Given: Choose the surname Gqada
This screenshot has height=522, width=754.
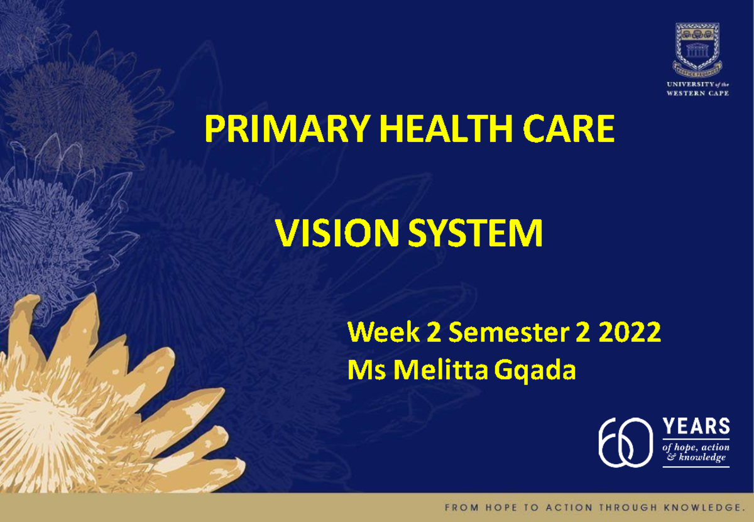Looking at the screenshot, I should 535,372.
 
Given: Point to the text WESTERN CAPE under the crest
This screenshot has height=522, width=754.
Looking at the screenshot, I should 698,93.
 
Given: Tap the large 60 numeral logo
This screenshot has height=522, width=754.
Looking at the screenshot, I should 626,442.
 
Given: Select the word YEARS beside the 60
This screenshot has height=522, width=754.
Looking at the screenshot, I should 696,427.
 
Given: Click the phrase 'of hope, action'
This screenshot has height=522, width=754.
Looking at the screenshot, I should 696,447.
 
